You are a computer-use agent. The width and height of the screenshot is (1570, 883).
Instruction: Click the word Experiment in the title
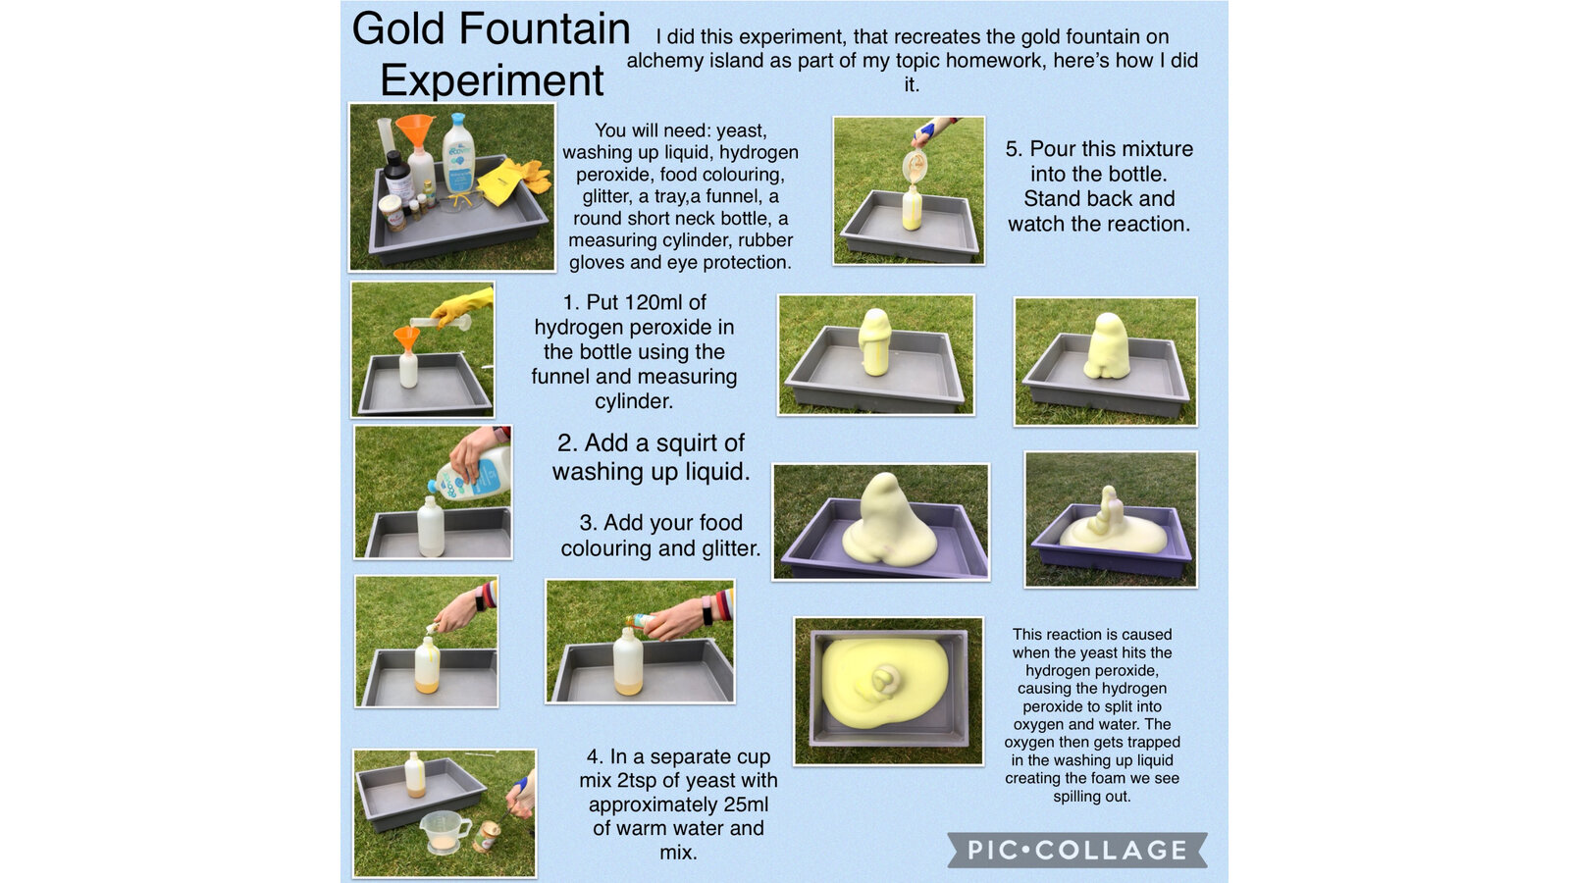(492, 79)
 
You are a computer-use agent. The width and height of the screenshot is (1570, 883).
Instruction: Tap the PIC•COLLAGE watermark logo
(1077, 850)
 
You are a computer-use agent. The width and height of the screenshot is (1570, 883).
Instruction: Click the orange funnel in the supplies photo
(415, 130)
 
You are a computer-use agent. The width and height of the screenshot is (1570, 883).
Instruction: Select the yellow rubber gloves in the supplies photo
(516, 181)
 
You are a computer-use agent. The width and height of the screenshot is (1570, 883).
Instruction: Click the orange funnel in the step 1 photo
(406, 339)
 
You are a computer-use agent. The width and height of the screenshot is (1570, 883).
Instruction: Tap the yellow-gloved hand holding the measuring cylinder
(462, 305)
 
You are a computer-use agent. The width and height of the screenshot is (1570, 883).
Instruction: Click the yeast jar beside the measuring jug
(487, 837)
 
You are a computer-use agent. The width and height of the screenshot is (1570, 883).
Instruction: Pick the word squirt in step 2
(686, 442)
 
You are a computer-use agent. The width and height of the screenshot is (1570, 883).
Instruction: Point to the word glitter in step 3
(728, 548)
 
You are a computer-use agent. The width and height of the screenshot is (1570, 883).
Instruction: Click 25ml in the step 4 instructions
(745, 804)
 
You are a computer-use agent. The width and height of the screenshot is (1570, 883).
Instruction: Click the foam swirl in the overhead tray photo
(884, 679)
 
